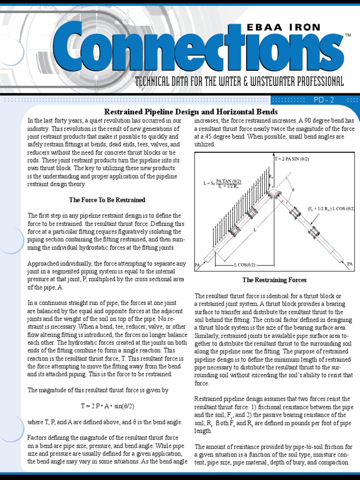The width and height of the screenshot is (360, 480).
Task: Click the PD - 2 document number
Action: click(x=323, y=99)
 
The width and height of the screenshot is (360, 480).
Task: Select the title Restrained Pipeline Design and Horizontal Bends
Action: click(x=191, y=112)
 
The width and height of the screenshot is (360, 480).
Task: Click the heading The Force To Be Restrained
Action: click(x=107, y=200)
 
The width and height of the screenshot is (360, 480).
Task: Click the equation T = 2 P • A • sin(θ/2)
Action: click(x=107, y=405)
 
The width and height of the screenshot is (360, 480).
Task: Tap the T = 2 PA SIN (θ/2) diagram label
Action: click(x=292, y=159)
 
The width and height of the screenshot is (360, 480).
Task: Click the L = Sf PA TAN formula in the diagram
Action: click(x=222, y=183)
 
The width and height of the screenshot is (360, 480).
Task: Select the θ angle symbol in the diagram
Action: click(x=293, y=190)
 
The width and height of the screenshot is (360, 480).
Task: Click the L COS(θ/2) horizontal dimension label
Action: click(x=245, y=265)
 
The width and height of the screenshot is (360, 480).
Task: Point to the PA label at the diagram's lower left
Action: click(x=197, y=265)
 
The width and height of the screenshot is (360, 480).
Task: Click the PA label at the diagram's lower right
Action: click(x=350, y=264)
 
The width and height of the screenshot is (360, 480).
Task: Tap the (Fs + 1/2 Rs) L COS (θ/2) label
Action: click(x=331, y=208)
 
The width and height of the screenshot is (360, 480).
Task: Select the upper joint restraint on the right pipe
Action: click(x=295, y=213)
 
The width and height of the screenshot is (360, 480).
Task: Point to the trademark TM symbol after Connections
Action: click(x=348, y=36)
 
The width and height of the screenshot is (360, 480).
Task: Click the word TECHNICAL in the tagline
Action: click(x=154, y=82)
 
